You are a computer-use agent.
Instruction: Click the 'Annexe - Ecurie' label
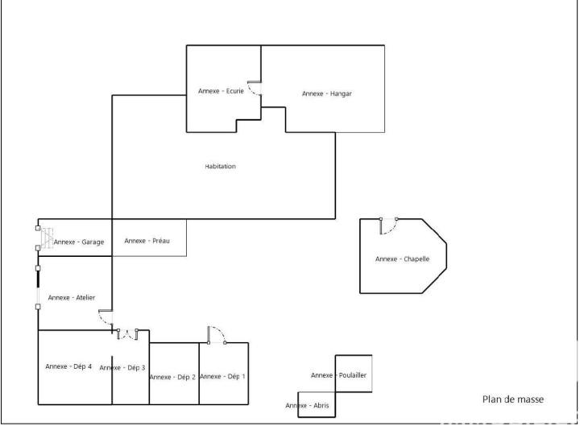click(221, 91)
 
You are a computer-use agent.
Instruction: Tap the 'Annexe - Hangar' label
click(326, 93)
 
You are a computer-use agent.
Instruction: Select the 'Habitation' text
click(220, 167)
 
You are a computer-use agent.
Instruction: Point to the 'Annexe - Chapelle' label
click(402, 258)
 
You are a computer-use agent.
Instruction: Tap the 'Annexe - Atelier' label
click(71, 298)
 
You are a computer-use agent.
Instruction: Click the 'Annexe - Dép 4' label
click(68, 366)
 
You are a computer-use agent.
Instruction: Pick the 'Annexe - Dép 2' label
click(172, 377)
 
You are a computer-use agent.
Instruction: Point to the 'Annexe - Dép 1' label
click(223, 376)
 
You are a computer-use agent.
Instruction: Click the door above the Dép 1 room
click(217, 335)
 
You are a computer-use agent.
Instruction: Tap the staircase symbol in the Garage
click(47, 238)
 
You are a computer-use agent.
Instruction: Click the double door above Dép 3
click(128, 333)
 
